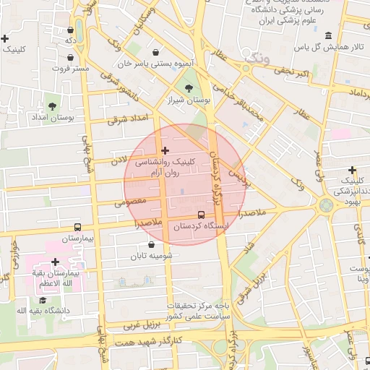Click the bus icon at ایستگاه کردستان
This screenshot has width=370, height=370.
(x=201, y=215)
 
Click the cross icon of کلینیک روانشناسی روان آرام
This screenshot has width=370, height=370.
(x=165, y=151)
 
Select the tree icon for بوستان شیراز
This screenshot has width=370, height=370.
(x=189, y=88)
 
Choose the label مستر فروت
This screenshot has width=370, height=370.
(x=71, y=68)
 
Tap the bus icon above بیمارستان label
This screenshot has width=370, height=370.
(x=78, y=227)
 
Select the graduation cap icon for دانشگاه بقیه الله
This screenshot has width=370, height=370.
(x=43, y=300)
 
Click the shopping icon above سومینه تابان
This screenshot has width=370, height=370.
(x=152, y=244)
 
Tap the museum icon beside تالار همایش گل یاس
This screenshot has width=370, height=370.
(x=329, y=35)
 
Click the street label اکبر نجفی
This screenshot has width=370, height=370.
(x=294, y=72)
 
